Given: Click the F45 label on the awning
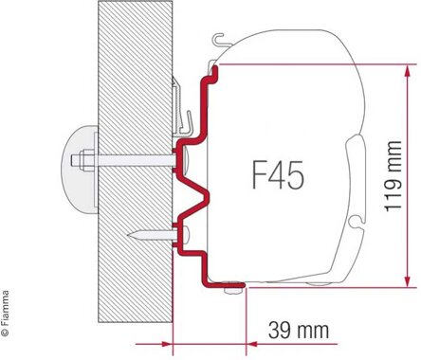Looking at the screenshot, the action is click(278, 175).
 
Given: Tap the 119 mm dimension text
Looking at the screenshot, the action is click(393, 175).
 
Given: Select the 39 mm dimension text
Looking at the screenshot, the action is click(299, 331).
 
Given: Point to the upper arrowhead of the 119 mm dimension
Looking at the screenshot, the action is click(408, 70).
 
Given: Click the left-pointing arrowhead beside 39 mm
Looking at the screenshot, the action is click(251, 344).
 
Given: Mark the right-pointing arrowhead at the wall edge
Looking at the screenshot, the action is click(167, 344).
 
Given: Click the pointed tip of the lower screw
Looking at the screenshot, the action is click(128, 235).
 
